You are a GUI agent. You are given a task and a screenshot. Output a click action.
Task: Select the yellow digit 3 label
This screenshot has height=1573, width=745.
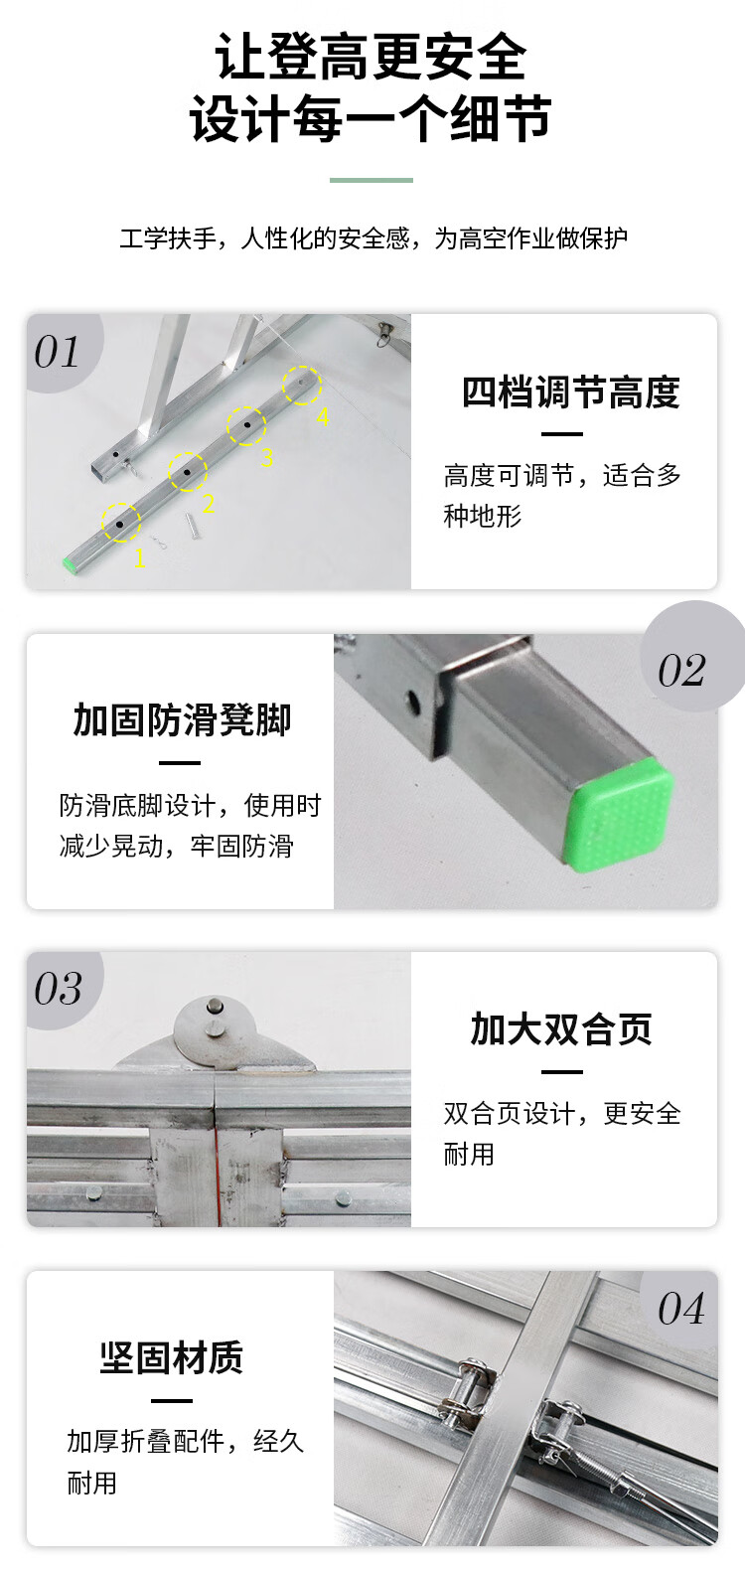point(267,458)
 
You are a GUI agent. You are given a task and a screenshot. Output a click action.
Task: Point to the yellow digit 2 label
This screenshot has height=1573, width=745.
point(208,504)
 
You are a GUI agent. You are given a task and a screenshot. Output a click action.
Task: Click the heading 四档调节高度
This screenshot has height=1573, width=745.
point(571,392)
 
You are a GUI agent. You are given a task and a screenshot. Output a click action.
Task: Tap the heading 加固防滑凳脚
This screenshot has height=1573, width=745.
point(182,719)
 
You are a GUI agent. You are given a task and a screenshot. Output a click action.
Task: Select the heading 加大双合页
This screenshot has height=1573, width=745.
point(562,1029)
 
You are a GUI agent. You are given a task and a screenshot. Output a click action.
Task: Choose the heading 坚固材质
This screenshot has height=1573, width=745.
point(171,1357)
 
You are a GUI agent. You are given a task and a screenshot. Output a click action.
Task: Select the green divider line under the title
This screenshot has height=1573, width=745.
point(372,181)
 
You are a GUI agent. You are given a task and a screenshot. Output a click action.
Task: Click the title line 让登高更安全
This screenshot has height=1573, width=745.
point(372,58)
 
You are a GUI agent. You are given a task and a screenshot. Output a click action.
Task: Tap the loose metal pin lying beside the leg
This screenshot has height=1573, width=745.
point(191,526)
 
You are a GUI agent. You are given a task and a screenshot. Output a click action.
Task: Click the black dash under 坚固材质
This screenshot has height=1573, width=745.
point(171,1401)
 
